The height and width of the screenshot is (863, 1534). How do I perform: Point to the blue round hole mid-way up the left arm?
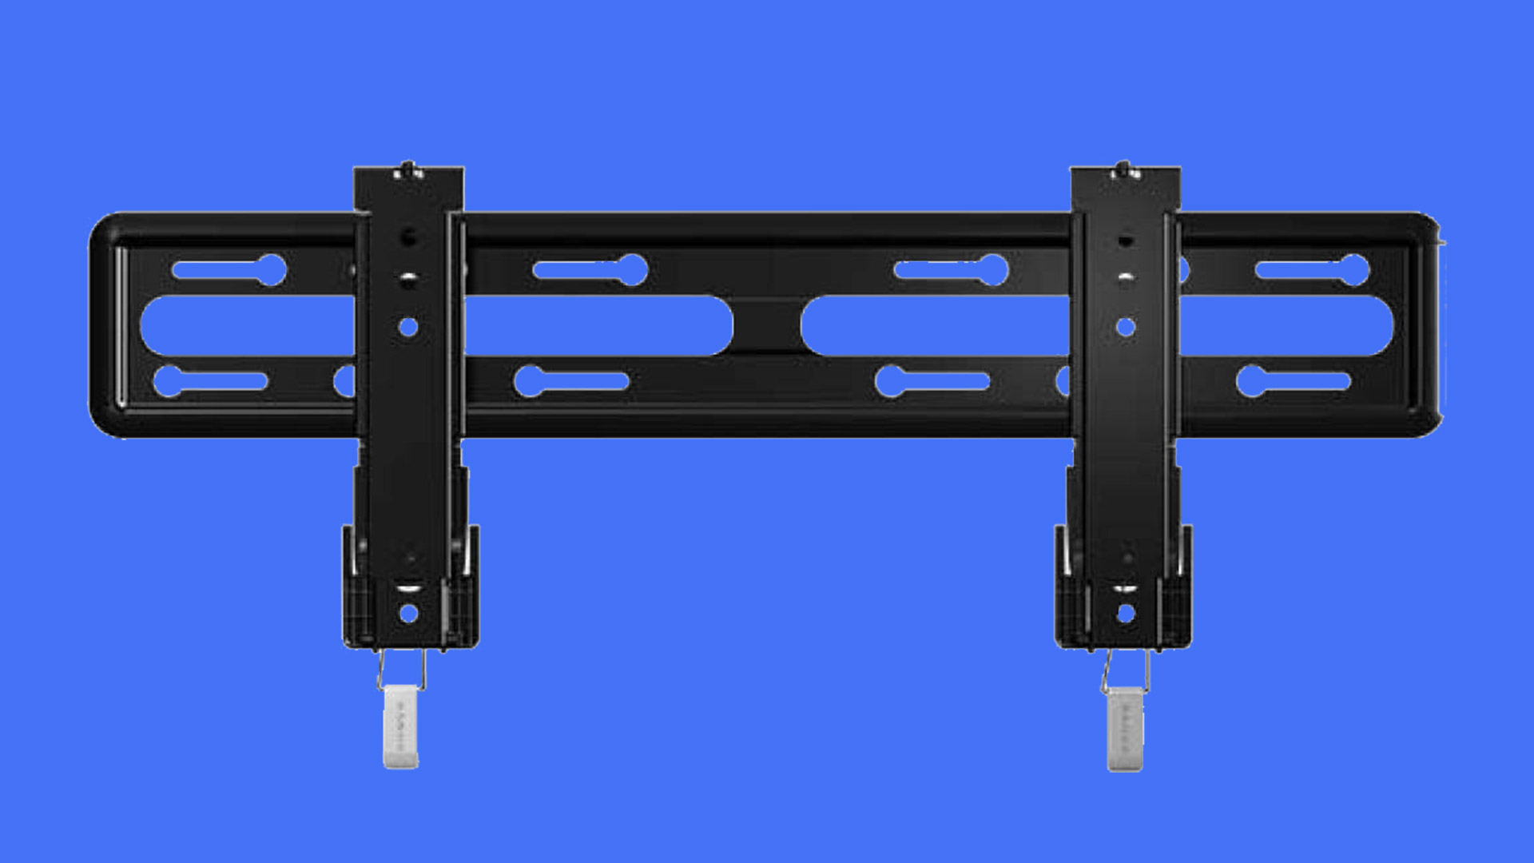coord(408,327)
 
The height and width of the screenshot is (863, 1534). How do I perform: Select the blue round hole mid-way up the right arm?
coord(1126,327)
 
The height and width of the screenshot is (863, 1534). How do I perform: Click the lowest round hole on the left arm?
coord(408,614)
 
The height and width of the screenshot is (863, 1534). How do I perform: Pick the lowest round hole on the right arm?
coord(1126,614)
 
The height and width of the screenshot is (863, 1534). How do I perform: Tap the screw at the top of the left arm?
coord(408,169)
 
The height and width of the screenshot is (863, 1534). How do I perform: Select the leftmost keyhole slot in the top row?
coord(230,270)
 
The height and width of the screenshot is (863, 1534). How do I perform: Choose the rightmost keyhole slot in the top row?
coord(1313,270)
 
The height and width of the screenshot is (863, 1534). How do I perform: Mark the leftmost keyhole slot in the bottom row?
coord(210,381)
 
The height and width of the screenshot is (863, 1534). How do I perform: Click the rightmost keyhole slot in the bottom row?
coord(1294,381)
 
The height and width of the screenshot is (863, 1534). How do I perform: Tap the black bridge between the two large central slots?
coord(767,325)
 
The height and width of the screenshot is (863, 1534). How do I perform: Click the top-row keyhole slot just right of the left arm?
coord(591,270)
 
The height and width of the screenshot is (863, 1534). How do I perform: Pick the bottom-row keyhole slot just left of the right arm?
coord(932,381)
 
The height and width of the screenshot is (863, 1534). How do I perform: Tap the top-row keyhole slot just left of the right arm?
coord(952,270)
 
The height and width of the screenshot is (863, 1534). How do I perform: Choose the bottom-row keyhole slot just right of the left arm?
coord(571,381)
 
